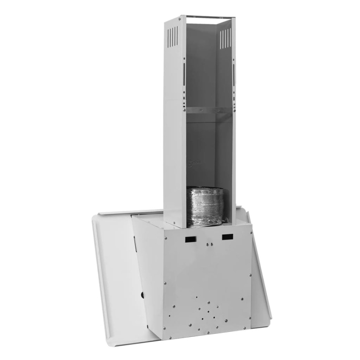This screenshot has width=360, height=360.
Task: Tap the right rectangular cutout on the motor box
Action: click(x=227, y=237)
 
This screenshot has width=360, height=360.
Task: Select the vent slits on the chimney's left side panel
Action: click(x=173, y=36)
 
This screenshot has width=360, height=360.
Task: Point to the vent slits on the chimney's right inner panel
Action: click(x=225, y=38)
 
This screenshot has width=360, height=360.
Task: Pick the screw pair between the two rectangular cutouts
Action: click(x=207, y=243)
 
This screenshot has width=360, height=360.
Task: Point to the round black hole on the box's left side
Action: click(x=143, y=294)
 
